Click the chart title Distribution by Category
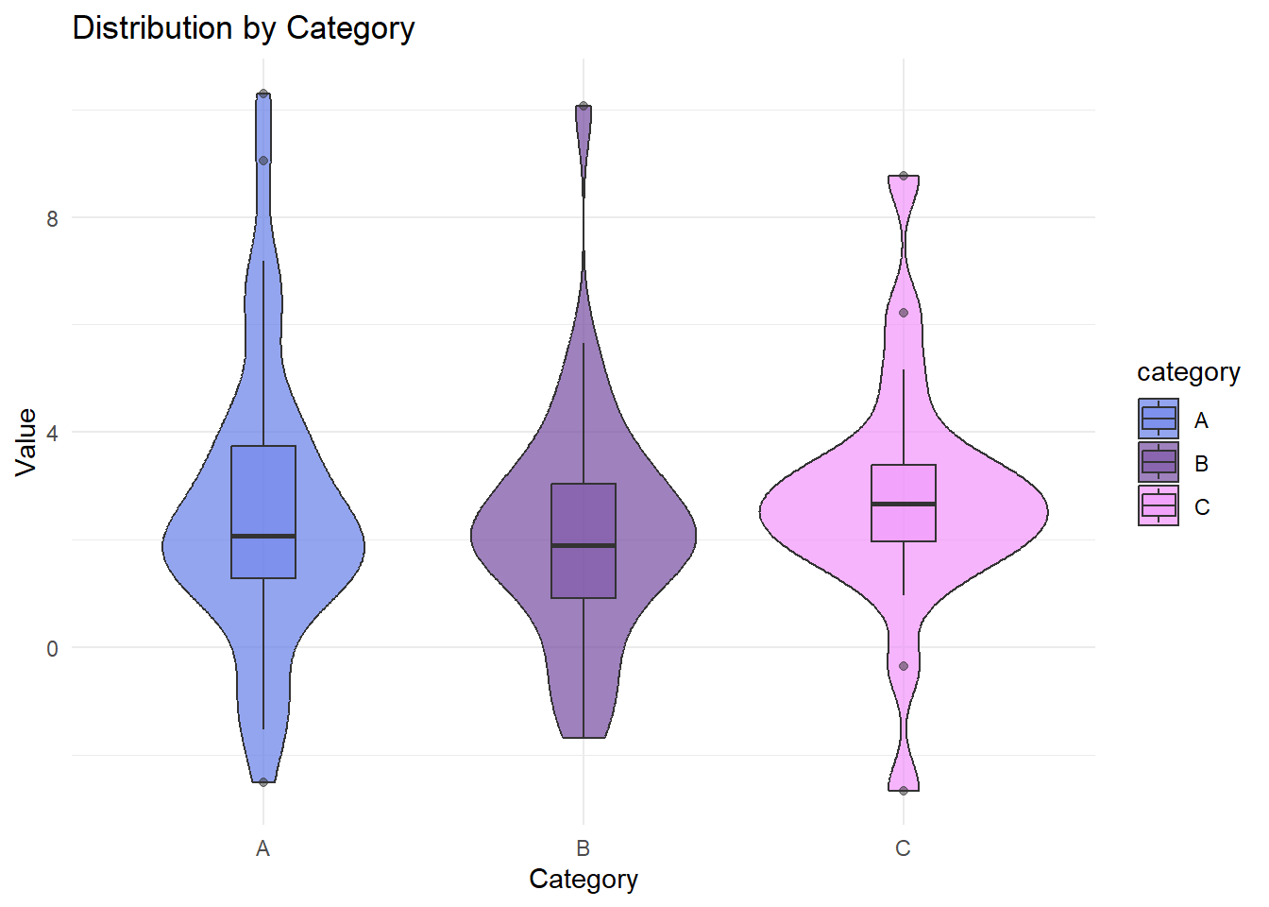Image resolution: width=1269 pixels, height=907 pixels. click(x=244, y=28)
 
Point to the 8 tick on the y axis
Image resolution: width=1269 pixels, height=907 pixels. click(x=52, y=218)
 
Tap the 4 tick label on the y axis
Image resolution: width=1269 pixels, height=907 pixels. click(x=52, y=433)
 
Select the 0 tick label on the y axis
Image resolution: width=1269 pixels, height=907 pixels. click(x=52, y=648)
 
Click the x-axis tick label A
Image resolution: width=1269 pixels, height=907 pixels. click(x=262, y=848)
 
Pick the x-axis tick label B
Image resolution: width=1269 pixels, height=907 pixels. click(x=584, y=848)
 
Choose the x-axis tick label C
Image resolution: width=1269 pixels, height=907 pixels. click(x=904, y=848)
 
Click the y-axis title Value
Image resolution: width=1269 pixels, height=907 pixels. click(x=26, y=442)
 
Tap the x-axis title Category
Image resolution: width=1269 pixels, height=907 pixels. click(x=584, y=879)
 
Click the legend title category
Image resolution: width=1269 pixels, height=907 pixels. click(x=1188, y=372)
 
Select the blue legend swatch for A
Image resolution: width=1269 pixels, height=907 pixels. click(x=1159, y=419)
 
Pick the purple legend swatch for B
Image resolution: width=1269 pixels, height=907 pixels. click(x=1159, y=462)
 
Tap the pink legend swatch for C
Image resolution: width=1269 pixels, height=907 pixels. click(x=1159, y=505)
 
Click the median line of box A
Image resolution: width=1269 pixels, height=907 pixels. click(x=263, y=536)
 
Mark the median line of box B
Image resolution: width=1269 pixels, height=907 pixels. click(x=584, y=545)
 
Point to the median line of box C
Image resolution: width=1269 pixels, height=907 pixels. click(x=904, y=504)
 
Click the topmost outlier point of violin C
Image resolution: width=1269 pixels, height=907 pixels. click(x=904, y=176)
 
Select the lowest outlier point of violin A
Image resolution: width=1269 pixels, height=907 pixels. click(x=263, y=782)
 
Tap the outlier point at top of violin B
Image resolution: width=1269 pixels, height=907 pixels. click(x=584, y=106)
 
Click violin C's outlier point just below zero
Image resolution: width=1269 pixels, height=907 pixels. click(x=904, y=666)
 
